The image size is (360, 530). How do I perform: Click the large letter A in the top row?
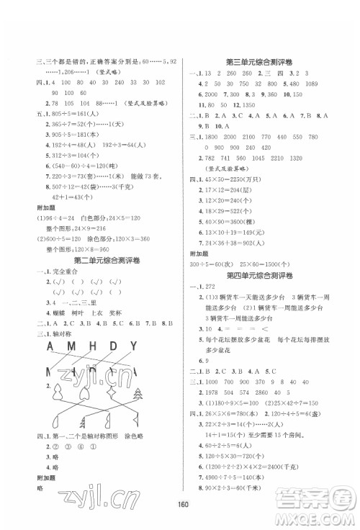tap(33, 348)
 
